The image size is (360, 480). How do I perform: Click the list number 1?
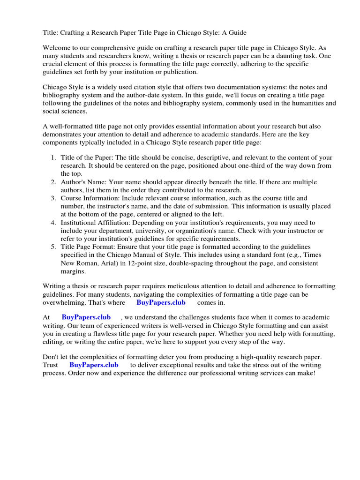tap(53, 157)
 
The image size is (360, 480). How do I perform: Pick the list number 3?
tap(53, 198)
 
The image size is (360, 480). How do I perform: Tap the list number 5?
tap(53, 247)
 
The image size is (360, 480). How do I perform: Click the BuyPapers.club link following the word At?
tap(86, 317)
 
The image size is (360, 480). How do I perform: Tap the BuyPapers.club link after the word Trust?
tap(94, 365)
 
